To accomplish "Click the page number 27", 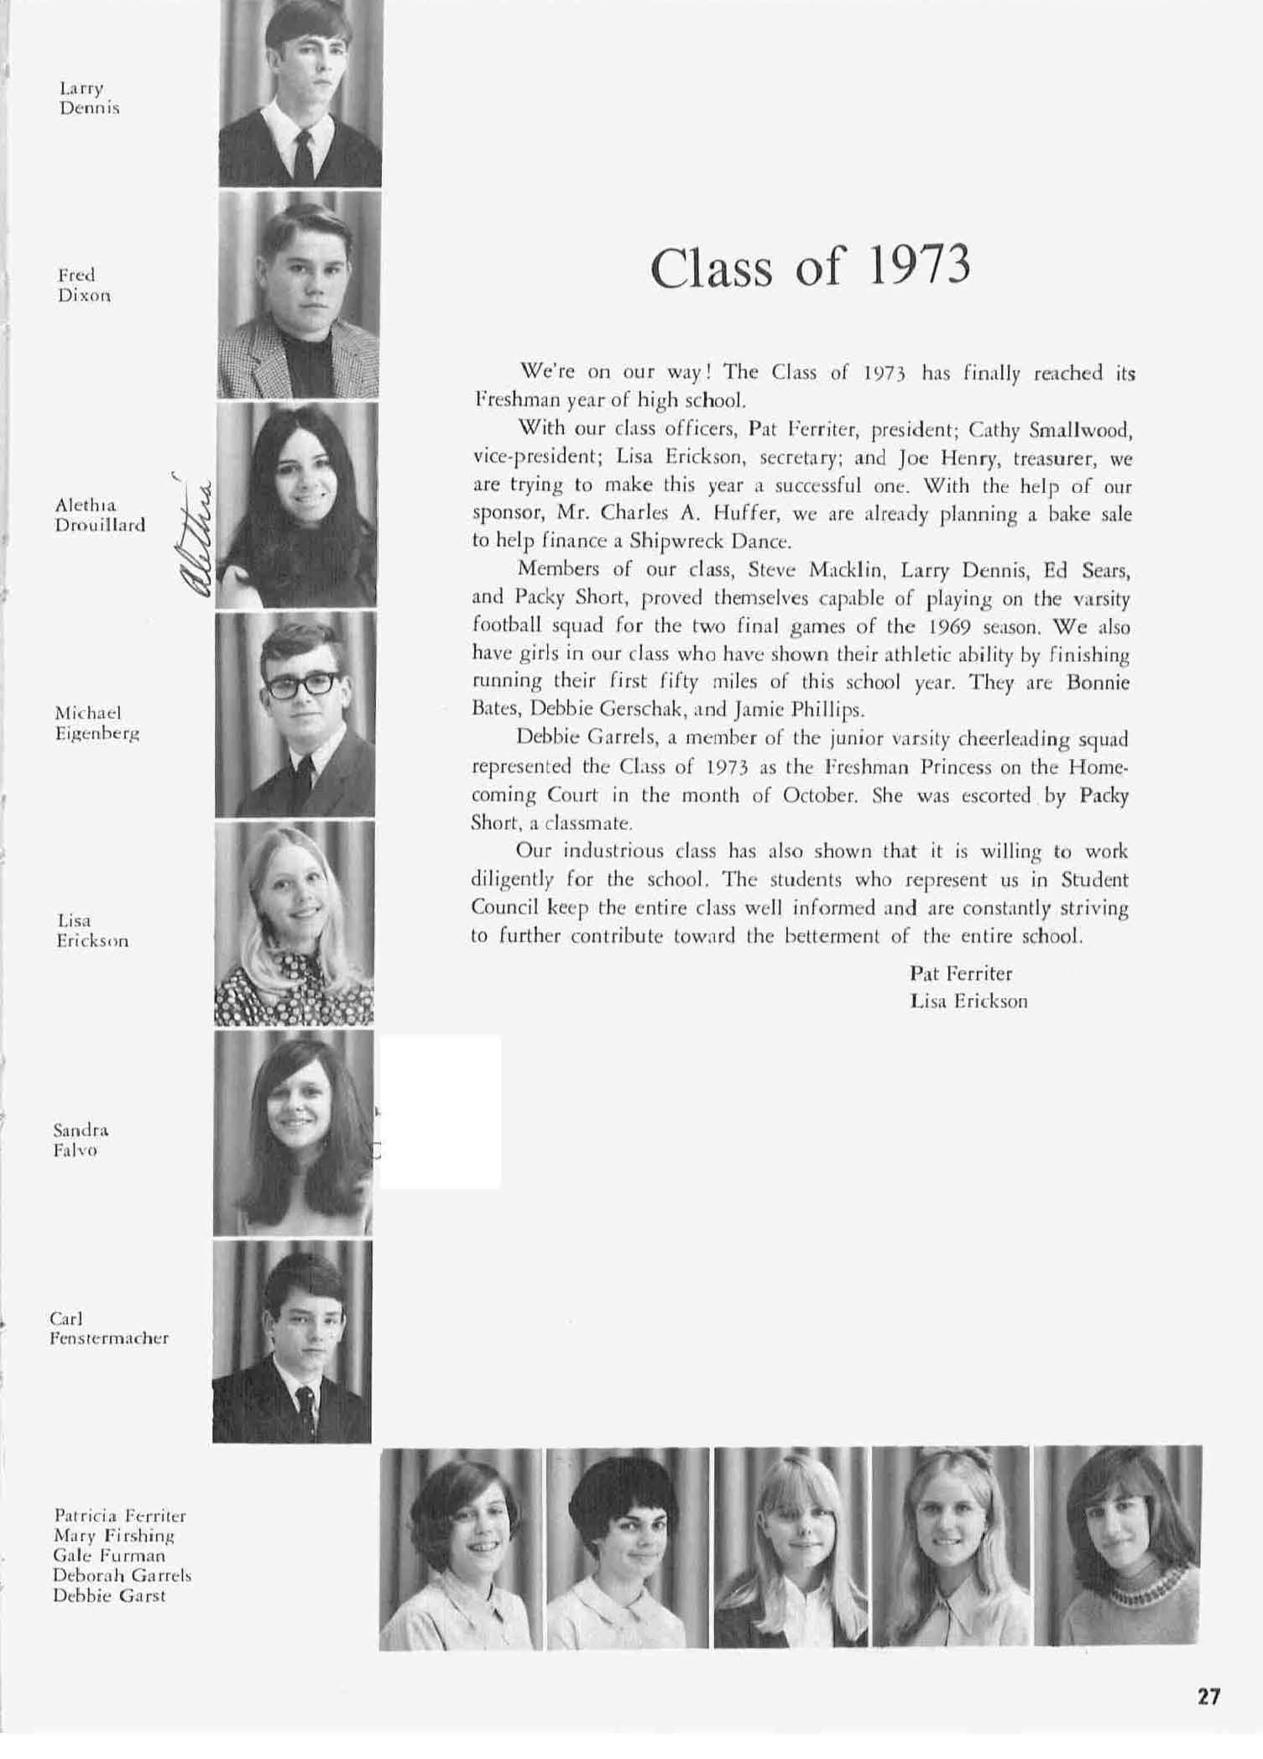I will point(1208,1696).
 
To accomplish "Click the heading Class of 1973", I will point(810,267).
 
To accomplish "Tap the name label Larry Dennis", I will point(89,98).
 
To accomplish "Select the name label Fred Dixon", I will point(84,285).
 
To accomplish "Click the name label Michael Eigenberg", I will point(97,723).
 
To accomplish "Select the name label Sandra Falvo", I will point(81,1140).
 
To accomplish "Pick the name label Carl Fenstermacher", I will point(108,1328).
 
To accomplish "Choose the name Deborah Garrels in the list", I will point(122,1576).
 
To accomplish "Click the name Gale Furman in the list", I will point(109,1556).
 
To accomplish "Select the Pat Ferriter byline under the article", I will point(961,974).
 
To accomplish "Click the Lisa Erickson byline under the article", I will point(968,1001).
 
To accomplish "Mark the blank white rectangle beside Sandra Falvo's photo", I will point(441,1112).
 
